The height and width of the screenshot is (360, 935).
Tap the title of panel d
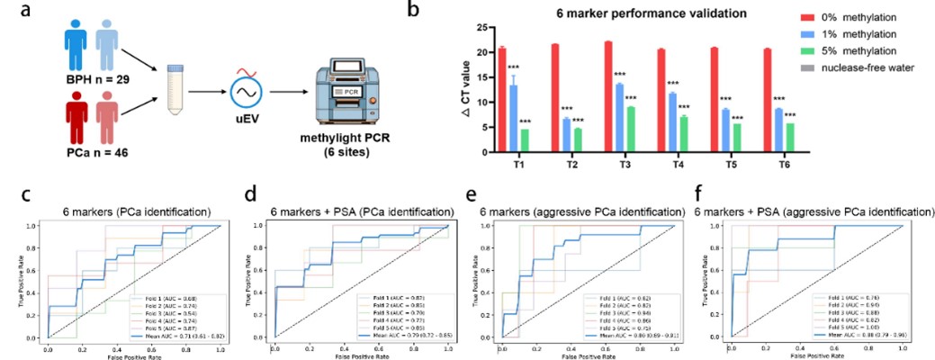[x=359, y=212]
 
